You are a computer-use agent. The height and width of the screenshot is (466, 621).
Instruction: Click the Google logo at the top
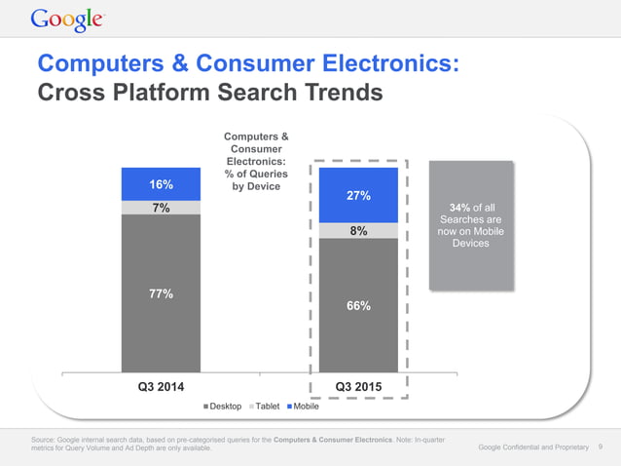tap(68, 19)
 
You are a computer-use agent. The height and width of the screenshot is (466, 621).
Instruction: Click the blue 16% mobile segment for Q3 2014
tap(161, 184)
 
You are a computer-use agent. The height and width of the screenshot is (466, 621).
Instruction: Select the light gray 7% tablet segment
tap(161, 208)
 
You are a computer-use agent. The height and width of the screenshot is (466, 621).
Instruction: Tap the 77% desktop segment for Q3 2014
tap(161, 293)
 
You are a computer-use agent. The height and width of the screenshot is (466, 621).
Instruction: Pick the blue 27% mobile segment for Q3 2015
tap(357, 195)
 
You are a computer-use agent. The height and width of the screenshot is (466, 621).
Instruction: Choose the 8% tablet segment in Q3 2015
tap(357, 231)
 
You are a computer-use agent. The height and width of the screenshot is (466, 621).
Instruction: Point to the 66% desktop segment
tap(357, 305)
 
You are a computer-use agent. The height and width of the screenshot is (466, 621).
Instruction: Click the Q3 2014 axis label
tap(161, 387)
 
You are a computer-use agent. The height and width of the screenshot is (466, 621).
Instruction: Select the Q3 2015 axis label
tap(357, 387)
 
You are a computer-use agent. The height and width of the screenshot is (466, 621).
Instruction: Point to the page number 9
tap(601, 447)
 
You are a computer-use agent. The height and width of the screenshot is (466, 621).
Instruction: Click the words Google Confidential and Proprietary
tap(533, 447)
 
